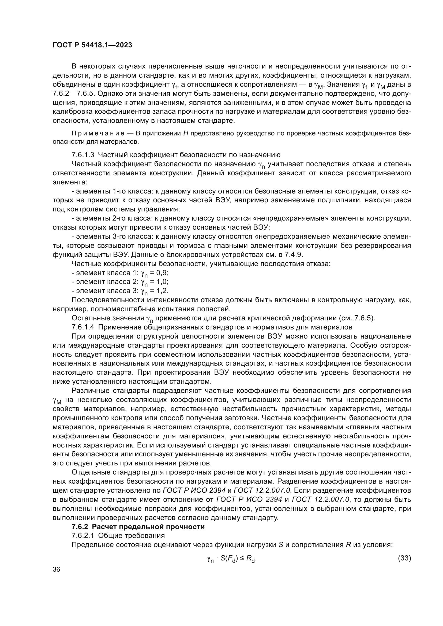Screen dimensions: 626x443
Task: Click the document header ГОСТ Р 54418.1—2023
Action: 92,45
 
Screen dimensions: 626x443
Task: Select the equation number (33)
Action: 404,558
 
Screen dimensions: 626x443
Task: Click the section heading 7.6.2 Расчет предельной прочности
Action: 138,527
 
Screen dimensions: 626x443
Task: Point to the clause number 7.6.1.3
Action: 83,155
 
